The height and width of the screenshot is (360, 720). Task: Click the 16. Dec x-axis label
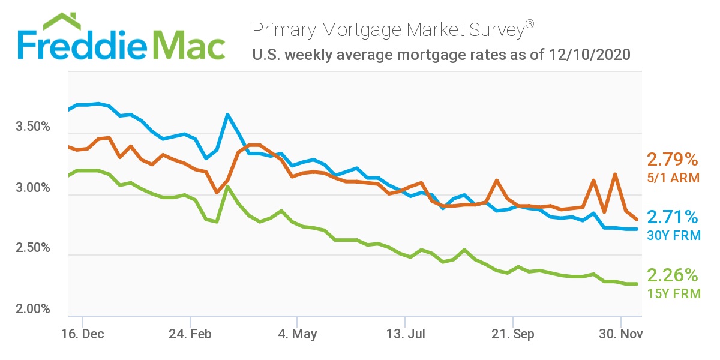(x=83, y=334)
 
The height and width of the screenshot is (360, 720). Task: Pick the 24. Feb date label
(x=190, y=334)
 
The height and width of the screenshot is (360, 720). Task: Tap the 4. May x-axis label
(x=297, y=334)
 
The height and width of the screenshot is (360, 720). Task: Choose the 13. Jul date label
(x=405, y=334)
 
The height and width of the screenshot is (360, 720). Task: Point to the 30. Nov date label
(x=620, y=334)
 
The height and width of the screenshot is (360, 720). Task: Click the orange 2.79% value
(x=673, y=160)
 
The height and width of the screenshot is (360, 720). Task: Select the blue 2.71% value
(x=673, y=217)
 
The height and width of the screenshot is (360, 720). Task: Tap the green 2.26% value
(x=673, y=275)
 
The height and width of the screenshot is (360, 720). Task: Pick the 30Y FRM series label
(x=673, y=236)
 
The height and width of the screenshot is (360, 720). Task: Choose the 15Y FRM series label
(x=673, y=294)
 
